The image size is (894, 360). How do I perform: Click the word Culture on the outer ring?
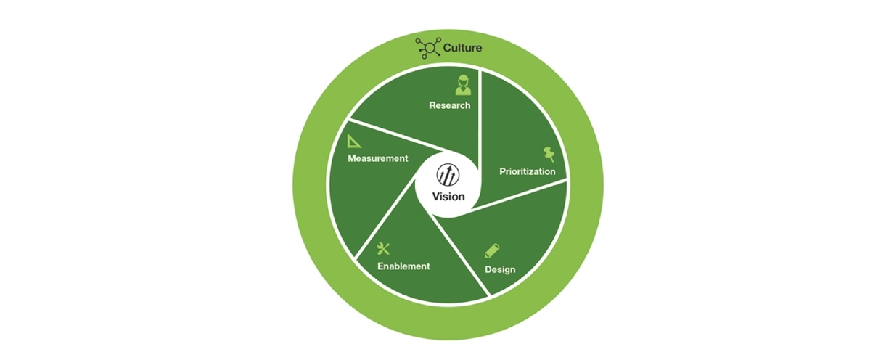[462, 48]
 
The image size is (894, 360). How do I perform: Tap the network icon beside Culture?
[428, 48]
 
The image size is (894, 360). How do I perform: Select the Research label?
[450, 105]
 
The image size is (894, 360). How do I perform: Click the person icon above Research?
[463, 85]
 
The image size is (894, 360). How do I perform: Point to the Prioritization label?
[528, 171]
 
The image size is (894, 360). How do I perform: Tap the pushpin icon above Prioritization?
[549, 155]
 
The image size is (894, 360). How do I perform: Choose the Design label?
[500, 269]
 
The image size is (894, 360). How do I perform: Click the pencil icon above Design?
[492, 250]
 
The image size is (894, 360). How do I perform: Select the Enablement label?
[403, 266]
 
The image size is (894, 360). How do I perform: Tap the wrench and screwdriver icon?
[383, 249]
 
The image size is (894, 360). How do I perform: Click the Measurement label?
[377, 158]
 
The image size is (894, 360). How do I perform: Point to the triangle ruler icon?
[354, 141]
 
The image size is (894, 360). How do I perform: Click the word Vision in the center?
[448, 197]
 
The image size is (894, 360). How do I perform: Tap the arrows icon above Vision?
[448, 175]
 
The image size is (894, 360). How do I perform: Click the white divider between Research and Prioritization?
[480, 120]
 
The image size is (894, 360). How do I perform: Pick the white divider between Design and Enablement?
[461, 255]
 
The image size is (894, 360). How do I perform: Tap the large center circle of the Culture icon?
[430, 48]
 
